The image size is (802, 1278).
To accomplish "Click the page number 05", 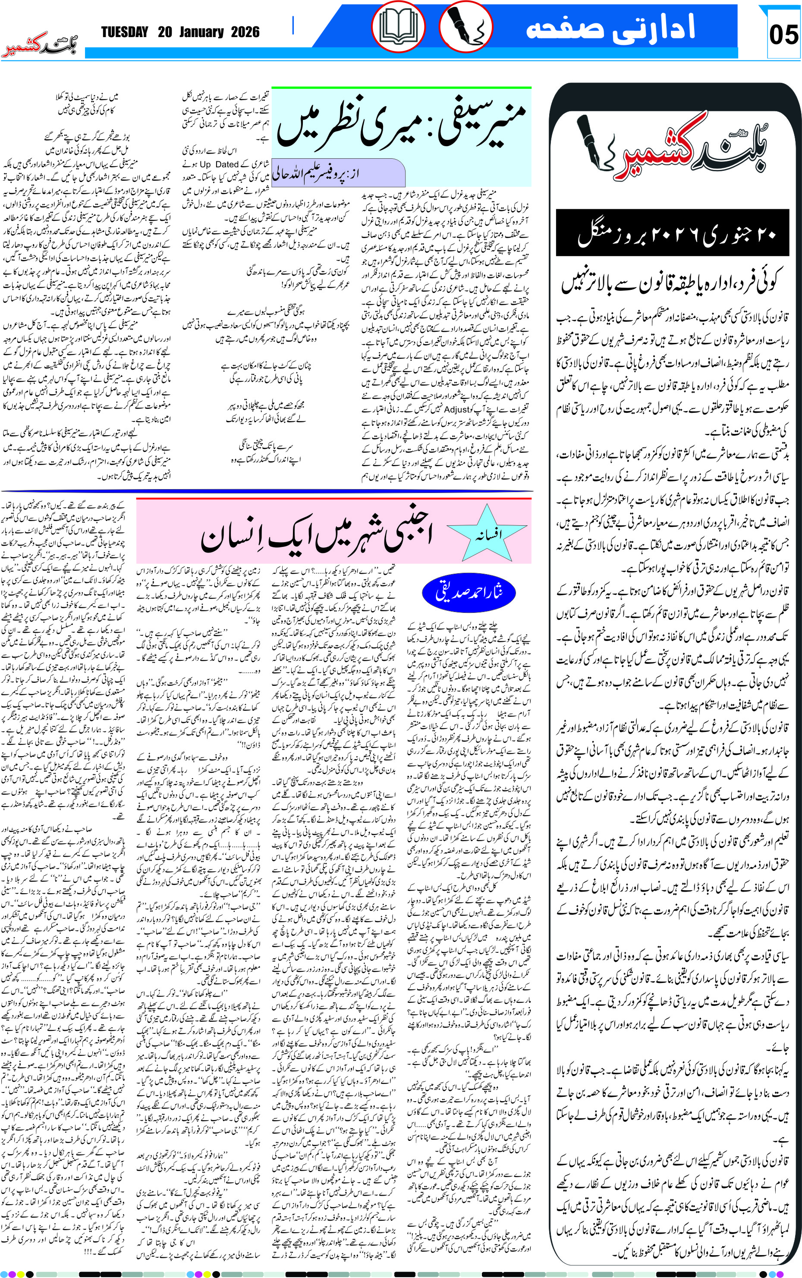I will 783,35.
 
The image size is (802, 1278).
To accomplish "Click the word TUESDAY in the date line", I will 125,32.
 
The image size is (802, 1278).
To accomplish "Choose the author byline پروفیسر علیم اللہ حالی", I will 338,174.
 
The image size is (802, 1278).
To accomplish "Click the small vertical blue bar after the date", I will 293,25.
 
